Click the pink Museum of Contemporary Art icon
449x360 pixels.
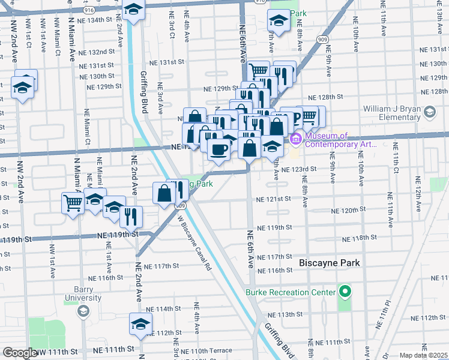(296, 140)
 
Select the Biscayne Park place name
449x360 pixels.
(330, 263)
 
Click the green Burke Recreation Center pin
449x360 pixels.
(345, 292)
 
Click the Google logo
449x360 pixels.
(20, 353)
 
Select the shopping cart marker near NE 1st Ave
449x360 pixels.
(73, 203)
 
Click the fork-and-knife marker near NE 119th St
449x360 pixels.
(131, 215)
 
